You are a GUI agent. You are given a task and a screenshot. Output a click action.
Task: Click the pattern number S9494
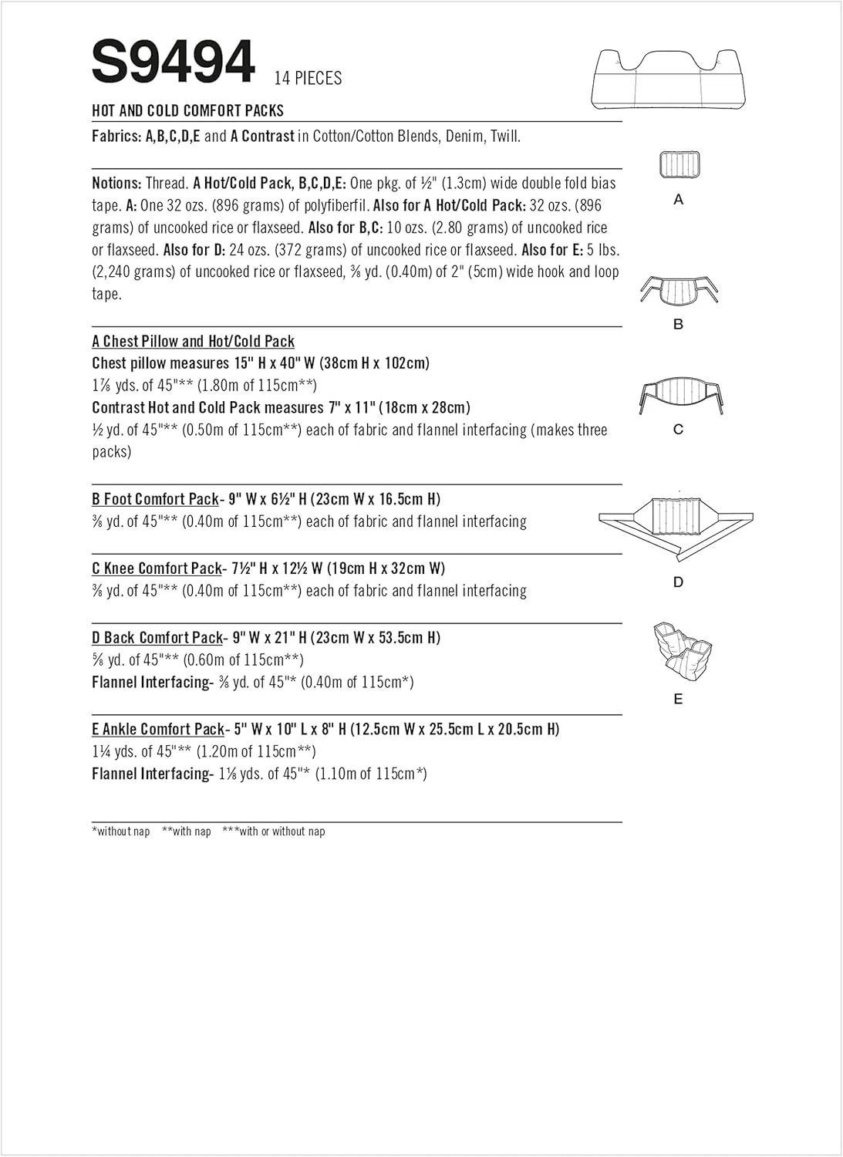173,62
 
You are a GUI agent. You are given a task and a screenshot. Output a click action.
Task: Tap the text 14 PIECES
308,78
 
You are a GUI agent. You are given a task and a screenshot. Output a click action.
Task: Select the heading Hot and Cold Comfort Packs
187,110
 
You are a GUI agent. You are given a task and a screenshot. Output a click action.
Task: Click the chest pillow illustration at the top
669,79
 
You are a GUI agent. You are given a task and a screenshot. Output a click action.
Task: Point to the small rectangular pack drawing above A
679,164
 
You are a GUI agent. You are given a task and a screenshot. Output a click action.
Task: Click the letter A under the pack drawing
679,200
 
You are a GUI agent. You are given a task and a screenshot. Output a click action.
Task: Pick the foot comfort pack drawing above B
679,292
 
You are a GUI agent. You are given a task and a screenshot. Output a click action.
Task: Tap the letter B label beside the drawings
679,324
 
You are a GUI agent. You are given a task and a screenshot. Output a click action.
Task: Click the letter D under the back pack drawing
679,582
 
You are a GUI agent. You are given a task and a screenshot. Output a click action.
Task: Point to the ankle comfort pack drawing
681,649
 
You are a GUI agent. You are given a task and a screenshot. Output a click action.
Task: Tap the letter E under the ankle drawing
679,699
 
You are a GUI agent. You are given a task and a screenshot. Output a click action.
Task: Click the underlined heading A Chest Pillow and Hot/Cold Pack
193,341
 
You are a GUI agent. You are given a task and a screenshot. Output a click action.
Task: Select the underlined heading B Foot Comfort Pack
155,499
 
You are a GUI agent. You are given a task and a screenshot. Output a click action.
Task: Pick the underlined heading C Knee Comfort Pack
157,568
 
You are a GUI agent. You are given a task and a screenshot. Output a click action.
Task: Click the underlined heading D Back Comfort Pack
157,638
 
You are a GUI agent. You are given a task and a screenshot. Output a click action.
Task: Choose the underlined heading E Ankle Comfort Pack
158,729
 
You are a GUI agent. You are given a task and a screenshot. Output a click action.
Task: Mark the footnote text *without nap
121,831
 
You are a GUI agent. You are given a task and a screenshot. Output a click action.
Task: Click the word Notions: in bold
116,184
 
